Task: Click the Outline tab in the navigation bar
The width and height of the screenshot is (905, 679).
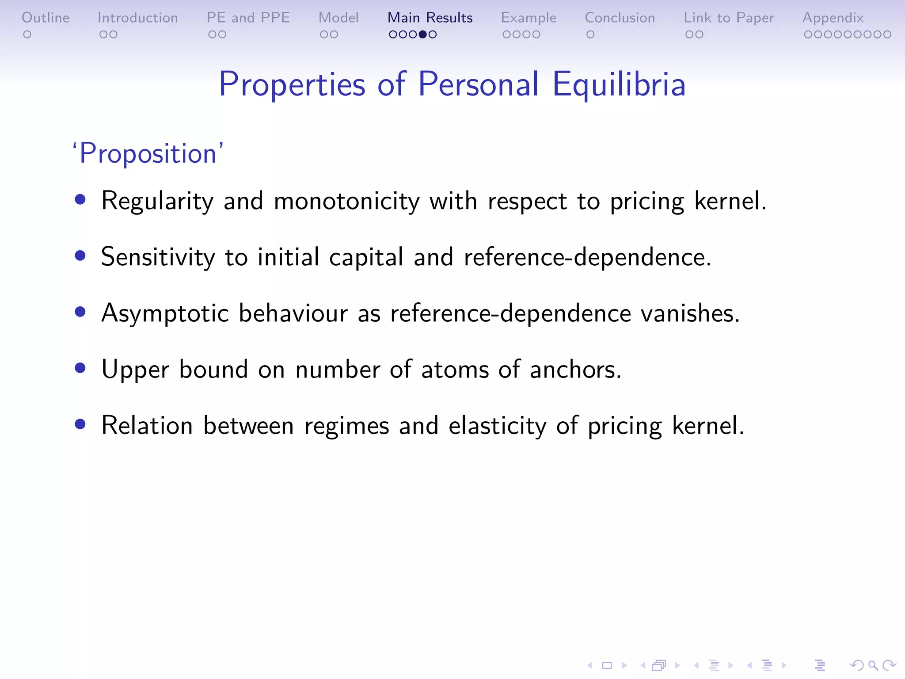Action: pyautogui.click(x=46, y=18)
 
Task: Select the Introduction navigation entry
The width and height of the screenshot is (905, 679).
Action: pyautogui.click(x=137, y=18)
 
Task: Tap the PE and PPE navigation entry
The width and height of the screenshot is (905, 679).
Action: pyautogui.click(x=248, y=18)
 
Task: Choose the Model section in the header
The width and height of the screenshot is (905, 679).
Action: pyautogui.click(x=338, y=18)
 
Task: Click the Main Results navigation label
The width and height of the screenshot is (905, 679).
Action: pyautogui.click(x=430, y=18)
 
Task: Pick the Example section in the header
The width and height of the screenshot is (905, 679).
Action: pyautogui.click(x=529, y=18)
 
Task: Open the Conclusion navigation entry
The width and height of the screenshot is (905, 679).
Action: pyautogui.click(x=620, y=18)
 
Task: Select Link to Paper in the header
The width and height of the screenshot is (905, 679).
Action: pyautogui.click(x=729, y=18)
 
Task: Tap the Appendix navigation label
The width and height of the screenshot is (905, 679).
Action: pyautogui.click(x=833, y=18)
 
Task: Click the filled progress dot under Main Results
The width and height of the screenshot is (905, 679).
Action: pyautogui.click(x=423, y=34)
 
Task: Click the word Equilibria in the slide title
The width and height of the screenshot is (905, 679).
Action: pyautogui.click(x=619, y=84)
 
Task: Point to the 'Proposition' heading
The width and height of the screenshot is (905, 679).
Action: pyautogui.click(x=148, y=153)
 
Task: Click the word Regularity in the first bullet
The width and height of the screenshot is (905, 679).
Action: pyautogui.click(x=157, y=201)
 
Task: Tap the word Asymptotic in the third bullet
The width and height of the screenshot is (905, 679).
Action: pyautogui.click(x=165, y=313)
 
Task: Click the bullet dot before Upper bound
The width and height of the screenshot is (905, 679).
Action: pyautogui.click(x=80, y=368)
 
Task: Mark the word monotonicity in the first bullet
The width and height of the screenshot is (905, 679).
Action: pyautogui.click(x=346, y=201)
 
